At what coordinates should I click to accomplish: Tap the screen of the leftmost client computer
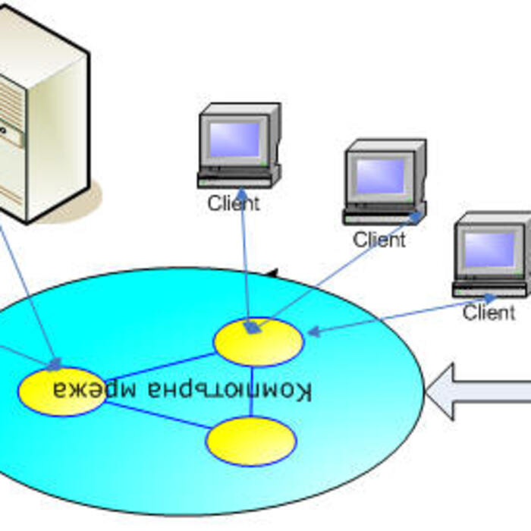click(x=234, y=139)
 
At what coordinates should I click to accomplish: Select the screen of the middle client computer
click(x=380, y=175)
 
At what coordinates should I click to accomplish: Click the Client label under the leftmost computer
click(x=234, y=203)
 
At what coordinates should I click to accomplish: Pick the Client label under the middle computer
click(x=379, y=240)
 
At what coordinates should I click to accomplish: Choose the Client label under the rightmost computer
click(x=489, y=312)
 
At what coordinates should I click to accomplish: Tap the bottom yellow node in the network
click(x=250, y=441)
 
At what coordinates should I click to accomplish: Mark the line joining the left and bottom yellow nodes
click(x=156, y=416)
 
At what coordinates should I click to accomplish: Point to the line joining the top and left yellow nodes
click(x=159, y=367)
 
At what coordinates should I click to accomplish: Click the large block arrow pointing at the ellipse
click(x=478, y=391)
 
